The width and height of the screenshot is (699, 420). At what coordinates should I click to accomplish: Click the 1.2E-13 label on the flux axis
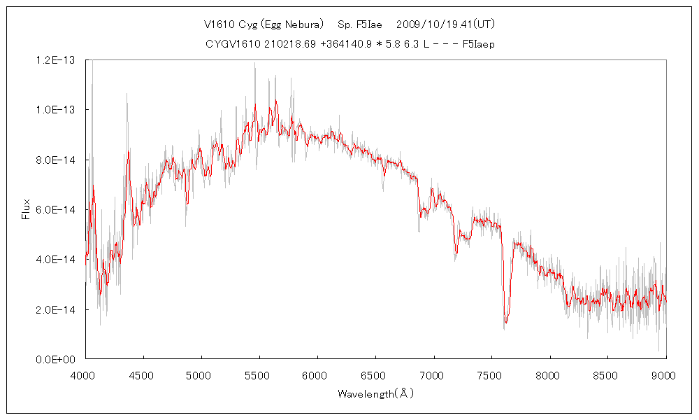pyautogui.click(x=62, y=60)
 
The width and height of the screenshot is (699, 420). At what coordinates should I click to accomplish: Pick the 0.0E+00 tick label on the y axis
pyautogui.click(x=62, y=359)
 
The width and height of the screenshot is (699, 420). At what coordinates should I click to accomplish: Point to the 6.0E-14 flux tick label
pyautogui.click(x=62, y=210)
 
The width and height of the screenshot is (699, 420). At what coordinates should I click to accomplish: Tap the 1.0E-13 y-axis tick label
pyautogui.click(x=62, y=110)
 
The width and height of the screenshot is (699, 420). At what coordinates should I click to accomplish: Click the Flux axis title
pyautogui.click(x=26, y=209)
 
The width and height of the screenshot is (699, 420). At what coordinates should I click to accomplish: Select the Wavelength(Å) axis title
pyautogui.click(x=375, y=393)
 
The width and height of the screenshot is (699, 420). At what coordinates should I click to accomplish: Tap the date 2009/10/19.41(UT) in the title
pyautogui.click(x=446, y=24)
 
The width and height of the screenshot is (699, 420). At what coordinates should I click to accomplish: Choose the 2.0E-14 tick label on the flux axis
pyautogui.click(x=62, y=309)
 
